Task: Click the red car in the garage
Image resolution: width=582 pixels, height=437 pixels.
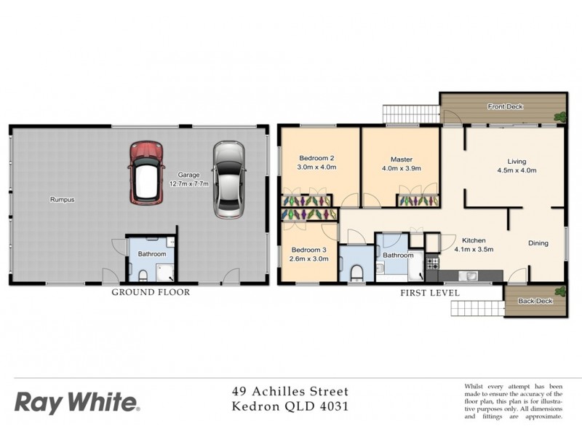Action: [x=146, y=173]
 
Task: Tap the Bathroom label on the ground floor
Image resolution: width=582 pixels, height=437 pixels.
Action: [x=152, y=254]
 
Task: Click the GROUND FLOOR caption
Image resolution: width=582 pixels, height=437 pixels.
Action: [x=150, y=292]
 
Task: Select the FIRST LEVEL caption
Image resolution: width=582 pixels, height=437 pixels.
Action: [x=429, y=292]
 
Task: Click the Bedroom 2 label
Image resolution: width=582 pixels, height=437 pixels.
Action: [x=316, y=158]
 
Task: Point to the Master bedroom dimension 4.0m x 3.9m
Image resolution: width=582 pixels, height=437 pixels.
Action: [x=401, y=168]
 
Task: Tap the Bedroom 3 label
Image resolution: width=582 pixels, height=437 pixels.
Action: [x=308, y=250]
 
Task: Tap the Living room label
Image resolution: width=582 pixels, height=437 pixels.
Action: [x=517, y=162]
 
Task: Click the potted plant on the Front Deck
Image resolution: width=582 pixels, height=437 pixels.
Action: [x=559, y=114]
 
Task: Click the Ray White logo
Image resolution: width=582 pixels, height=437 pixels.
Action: [x=76, y=401]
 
